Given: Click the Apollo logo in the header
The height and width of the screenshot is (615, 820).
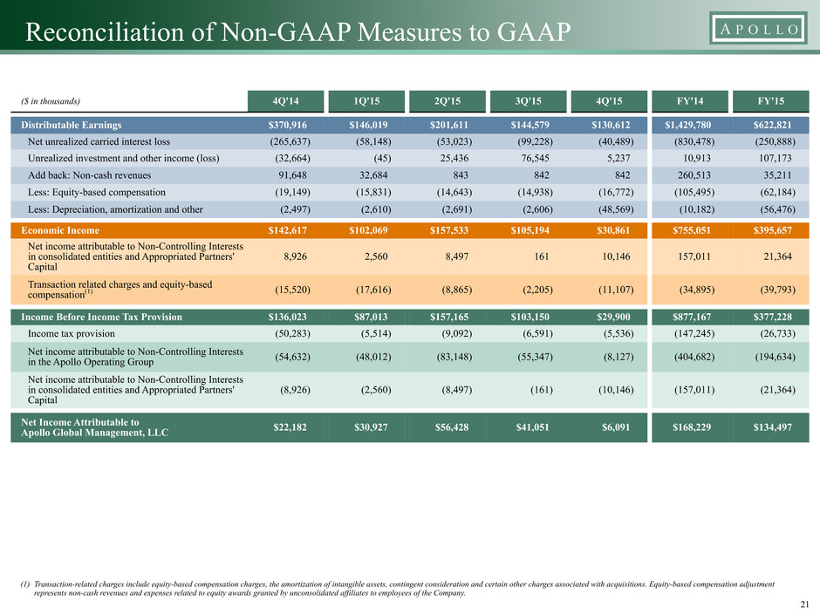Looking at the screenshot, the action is pyautogui.click(x=759, y=29).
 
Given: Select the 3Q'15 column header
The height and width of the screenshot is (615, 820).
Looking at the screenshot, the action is pyautogui.click(x=528, y=101).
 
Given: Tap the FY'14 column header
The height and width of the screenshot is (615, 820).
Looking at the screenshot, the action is pyautogui.click(x=690, y=101).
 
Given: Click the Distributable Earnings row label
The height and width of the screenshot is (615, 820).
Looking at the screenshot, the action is pyautogui.click(x=72, y=125).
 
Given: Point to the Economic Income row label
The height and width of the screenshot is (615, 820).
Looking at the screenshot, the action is pyautogui.click(x=60, y=230).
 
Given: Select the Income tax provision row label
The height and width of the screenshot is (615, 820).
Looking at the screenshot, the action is pyautogui.click(x=72, y=333).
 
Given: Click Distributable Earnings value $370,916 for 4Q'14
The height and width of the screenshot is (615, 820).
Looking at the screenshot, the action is pyautogui.click(x=288, y=125).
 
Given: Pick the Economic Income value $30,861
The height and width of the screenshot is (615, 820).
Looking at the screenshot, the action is pyautogui.click(x=613, y=230).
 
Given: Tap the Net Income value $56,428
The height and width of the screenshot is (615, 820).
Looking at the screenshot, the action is pyautogui.click(x=452, y=427).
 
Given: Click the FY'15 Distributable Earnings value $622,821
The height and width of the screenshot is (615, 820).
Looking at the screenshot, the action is pyautogui.click(x=772, y=125).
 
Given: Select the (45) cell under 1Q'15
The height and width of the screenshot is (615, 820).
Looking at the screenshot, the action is pyautogui.click(x=382, y=159).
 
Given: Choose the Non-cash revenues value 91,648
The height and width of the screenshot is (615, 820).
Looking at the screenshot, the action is pyautogui.click(x=292, y=175).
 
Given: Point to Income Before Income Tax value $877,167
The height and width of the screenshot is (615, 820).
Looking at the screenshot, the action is pyautogui.click(x=692, y=317).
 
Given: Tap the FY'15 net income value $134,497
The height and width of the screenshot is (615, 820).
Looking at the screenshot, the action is pyautogui.click(x=772, y=427).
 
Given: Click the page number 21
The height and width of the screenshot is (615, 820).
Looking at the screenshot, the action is pyautogui.click(x=805, y=605).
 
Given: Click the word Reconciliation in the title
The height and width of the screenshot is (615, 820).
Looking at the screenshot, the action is pyautogui.click(x=104, y=32).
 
